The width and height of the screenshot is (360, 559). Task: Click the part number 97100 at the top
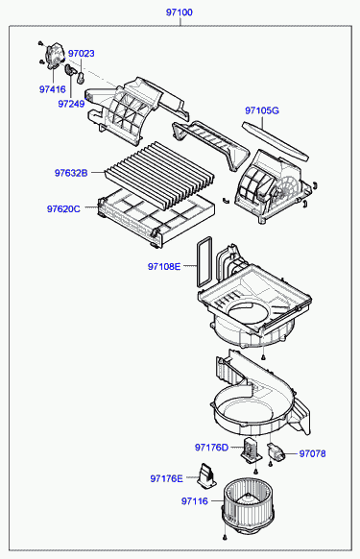179,12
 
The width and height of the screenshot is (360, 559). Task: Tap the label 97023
82,54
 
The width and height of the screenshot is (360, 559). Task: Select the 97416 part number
53,89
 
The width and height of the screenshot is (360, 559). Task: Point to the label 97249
71,104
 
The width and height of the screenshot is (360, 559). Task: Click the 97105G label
262,110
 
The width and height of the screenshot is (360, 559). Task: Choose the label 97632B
71,173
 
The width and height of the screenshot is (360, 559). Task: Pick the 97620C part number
63,209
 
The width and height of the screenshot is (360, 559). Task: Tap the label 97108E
164,266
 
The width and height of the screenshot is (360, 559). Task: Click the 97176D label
211,448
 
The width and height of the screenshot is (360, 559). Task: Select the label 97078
312,454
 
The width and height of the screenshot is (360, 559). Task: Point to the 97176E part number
166,478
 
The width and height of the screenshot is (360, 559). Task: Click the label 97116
195,501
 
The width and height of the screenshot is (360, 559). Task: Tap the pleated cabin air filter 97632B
159,176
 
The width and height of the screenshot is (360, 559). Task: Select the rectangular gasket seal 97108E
204,261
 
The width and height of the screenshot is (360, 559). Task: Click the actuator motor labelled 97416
54,55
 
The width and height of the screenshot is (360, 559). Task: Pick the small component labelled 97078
276,451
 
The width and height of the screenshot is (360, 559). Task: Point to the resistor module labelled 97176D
251,450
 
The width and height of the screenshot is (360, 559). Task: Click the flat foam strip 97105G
275,141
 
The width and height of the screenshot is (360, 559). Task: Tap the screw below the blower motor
225,537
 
